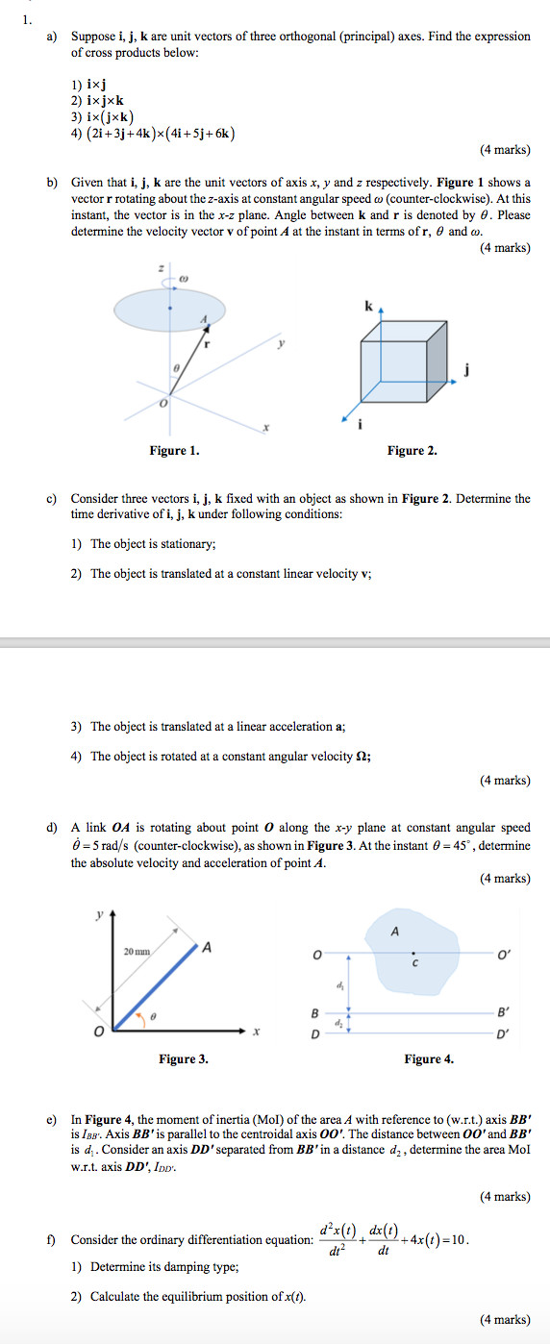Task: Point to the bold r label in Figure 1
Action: tap(206, 343)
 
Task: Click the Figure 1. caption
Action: tap(175, 451)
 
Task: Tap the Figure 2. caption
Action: tap(412, 451)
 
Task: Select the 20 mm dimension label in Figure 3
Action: tap(137, 952)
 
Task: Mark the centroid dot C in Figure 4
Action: tap(414, 954)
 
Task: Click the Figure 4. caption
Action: tap(429, 1059)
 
